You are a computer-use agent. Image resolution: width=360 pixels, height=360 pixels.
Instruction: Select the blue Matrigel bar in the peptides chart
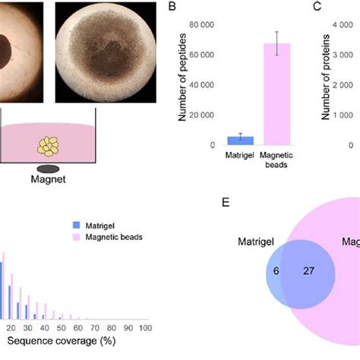point(240,141)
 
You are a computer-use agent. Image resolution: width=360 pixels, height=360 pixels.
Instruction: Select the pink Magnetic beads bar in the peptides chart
point(277,94)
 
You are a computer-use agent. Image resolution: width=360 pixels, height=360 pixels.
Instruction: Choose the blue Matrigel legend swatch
point(77,226)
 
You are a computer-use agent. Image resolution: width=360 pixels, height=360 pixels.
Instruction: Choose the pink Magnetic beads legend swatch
point(77,237)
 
